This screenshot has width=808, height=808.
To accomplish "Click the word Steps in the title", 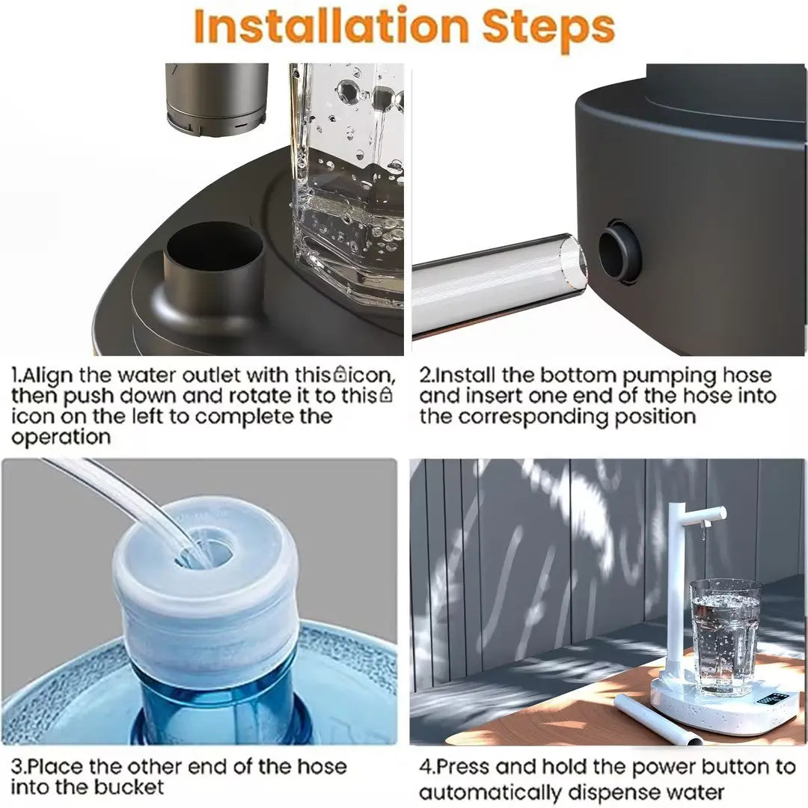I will pos(548,27).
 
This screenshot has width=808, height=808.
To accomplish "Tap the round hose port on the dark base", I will pos(619,251).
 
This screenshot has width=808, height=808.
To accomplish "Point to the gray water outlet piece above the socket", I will pos(216,97).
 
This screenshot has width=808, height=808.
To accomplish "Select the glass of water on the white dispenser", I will pos(724,636).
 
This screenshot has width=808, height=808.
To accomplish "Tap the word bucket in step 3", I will pos(129,787).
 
